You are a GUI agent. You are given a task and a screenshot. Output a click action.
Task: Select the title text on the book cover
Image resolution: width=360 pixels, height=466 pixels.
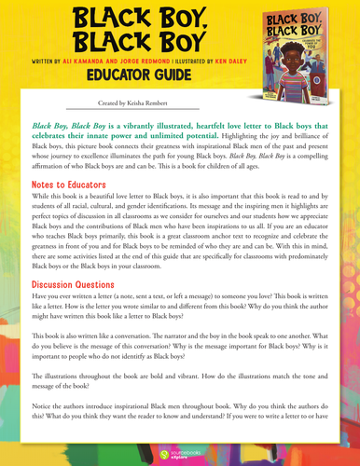point(311,32)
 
